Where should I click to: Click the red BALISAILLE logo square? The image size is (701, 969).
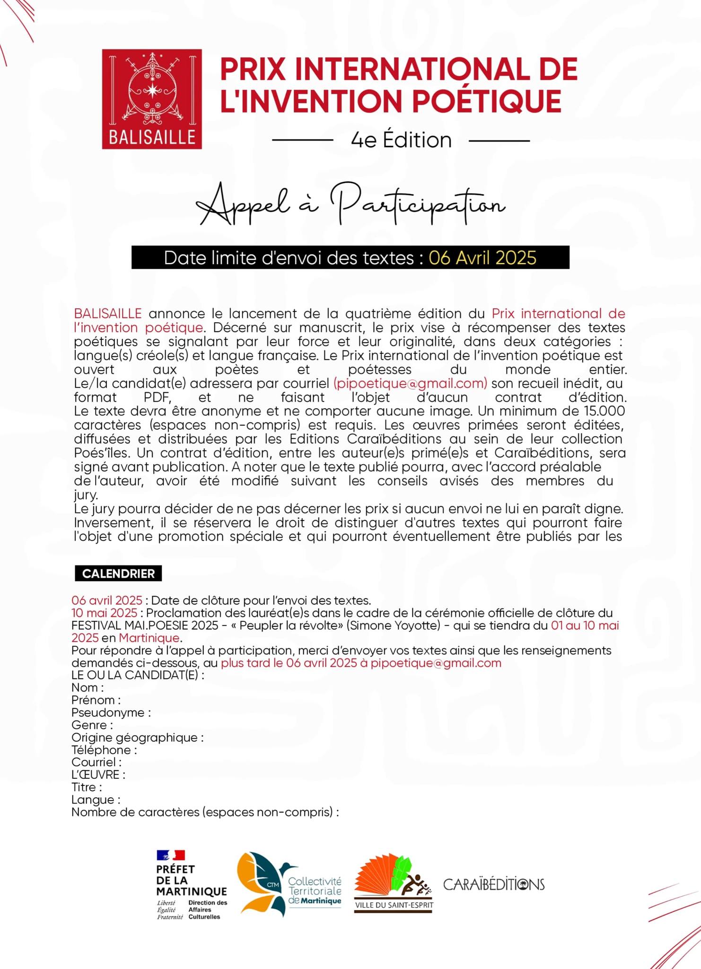point(152,99)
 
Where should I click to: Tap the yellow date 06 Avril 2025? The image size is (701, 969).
point(482,258)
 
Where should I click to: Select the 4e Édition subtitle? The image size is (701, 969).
point(401,140)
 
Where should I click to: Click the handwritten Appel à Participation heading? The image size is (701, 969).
point(351,205)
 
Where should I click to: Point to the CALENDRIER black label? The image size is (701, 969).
point(118,573)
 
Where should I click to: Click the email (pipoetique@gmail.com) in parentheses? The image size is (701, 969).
point(410,383)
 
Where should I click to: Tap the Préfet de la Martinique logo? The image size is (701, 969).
point(192,884)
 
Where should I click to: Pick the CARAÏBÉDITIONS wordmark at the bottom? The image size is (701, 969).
point(494,884)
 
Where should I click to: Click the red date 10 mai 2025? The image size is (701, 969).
point(104,613)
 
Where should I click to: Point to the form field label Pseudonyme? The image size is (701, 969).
point(111,713)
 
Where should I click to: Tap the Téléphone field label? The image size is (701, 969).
point(104,750)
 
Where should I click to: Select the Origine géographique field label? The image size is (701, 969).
point(137,737)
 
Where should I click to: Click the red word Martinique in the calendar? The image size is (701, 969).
point(149,638)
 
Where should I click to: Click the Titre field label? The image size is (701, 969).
point(87,787)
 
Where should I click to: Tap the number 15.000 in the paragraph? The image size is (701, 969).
point(605,411)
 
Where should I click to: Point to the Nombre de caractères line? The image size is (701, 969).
point(205,812)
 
